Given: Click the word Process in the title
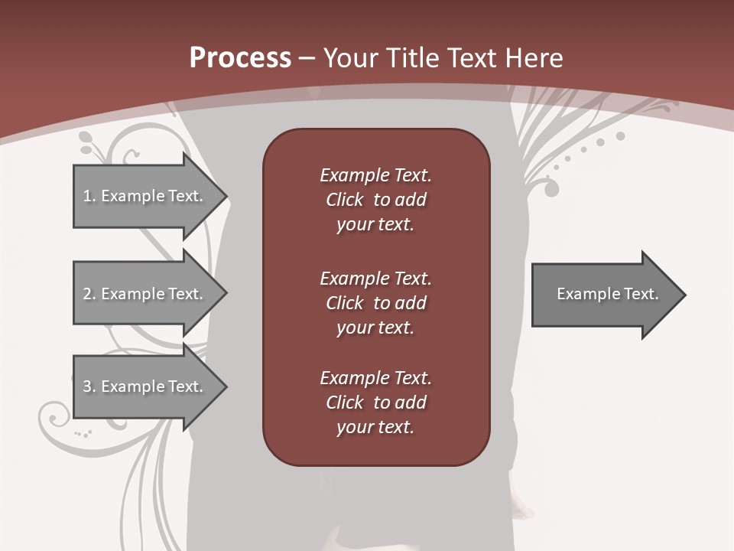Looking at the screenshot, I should pos(240,58).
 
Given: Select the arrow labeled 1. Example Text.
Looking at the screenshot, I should pos(145,196).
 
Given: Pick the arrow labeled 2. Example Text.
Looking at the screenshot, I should pos(145,294).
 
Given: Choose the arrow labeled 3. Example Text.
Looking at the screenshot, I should pos(145,386).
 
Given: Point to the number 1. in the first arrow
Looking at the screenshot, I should pos(89,196).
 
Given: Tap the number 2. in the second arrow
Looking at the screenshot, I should pos(89,294).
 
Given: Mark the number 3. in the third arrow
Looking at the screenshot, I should pos(89,386).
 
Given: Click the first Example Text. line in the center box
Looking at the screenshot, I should pos(375,175).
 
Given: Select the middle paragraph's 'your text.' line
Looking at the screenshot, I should pos(375,328).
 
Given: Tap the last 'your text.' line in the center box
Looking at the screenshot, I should pos(375,427).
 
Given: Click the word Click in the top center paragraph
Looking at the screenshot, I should pos(344,200).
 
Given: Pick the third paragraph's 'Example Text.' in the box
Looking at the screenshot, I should pos(375,378).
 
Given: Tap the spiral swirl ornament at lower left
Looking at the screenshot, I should pos(55,418).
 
